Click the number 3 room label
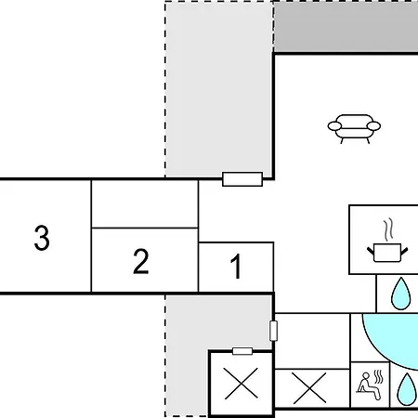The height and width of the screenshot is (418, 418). click(x=42, y=238)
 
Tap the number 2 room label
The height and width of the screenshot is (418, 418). click(x=141, y=261)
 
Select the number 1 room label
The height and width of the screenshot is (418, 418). click(x=236, y=267)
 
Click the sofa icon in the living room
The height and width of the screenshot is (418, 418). click(x=354, y=128)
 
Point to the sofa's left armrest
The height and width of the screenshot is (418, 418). click(x=334, y=126)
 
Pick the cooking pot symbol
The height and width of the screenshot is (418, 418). click(x=387, y=253)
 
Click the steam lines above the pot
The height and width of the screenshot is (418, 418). click(x=388, y=229)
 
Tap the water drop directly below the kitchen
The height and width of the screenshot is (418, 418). click(x=401, y=294)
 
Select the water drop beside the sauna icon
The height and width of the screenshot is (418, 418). click(x=407, y=389)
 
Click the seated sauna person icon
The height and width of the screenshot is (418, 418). click(x=370, y=385)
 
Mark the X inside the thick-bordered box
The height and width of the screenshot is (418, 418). click(x=242, y=383)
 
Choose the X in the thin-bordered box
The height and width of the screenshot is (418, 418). click(x=309, y=388)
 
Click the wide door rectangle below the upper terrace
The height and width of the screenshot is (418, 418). click(x=242, y=179)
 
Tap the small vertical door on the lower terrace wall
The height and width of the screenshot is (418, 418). click(x=273, y=331)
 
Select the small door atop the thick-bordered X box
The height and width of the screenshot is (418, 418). click(x=242, y=351)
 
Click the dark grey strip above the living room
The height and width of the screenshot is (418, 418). click(x=346, y=27)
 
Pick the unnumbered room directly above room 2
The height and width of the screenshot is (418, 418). click(x=145, y=204)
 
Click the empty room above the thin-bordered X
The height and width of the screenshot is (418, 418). click(x=312, y=341)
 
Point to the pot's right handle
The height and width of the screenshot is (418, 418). click(x=404, y=251)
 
